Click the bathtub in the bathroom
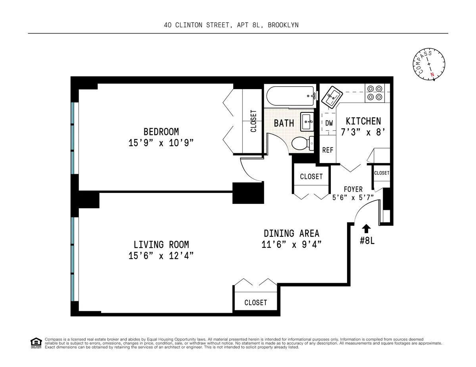[291, 96]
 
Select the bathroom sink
[307, 121]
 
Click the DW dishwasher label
[329, 123]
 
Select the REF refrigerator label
[328, 150]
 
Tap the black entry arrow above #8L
[366, 228]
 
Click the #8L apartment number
[367, 240]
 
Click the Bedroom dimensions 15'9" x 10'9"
[161, 143]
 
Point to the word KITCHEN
[363, 121]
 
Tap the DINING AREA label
[292, 233]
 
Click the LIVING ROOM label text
[161, 245]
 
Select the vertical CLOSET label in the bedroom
[253, 121]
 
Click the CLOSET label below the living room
[255, 302]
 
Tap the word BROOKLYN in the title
[283, 25]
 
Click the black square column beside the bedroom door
[248, 193]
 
